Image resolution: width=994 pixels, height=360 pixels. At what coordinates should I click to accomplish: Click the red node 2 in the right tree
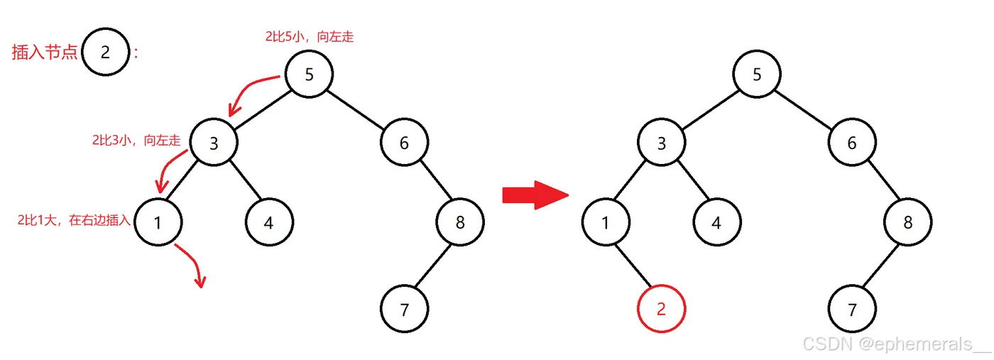pyautogui.click(x=662, y=310)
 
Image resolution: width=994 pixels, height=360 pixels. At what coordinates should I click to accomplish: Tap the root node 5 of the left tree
pyautogui.click(x=309, y=75)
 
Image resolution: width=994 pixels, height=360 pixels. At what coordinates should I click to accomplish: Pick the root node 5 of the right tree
pyautogui.click(x=757, y=75)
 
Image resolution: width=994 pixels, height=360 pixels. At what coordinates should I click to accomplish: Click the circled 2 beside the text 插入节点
pyautogui.click(x=105, y=53)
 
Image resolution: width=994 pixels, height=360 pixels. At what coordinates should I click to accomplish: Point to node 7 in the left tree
pyautogui.click(x=405, y=310)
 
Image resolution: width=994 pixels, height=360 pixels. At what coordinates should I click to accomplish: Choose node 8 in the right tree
pyautogui.click(x=908, y=223)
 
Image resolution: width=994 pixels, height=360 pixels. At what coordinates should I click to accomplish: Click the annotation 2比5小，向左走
pyautogui.click(x=309, y=37)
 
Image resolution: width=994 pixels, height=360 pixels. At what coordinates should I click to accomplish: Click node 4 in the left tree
pyautogui.click(x=269, y=223)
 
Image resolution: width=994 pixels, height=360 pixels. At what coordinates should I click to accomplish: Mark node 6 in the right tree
pyautogui.click(x=851, y=143)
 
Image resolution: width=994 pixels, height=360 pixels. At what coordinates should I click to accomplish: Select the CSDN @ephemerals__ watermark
pyautogui.click(x=896, y=344)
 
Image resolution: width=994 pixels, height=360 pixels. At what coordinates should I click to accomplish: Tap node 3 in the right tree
pyautogui.click(x=662, y=143)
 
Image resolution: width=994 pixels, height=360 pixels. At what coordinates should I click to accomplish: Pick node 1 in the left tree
pyautogui.click(x=158, y=223)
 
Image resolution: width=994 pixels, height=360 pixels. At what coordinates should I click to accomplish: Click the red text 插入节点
pyautogui.click(x=44, y=53)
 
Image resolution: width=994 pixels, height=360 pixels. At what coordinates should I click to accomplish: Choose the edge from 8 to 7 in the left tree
pyautogui.click(x=432, y=266)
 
